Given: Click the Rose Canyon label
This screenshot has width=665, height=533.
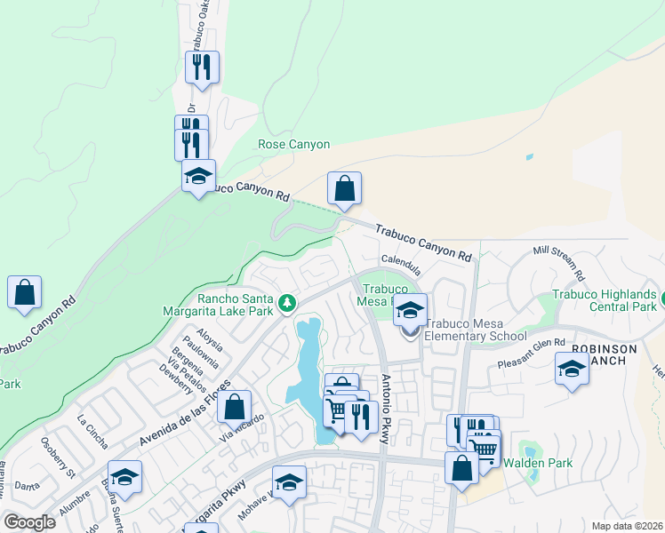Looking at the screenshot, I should [x=293, y=144].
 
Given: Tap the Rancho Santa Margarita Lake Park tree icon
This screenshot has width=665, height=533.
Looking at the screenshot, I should [x=287, y=305].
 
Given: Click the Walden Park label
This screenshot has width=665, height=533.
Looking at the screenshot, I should [x=538, y=463].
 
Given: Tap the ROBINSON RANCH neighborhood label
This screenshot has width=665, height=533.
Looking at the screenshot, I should [x=605, y=355].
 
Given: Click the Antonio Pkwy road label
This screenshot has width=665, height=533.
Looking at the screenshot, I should [x=392, y=409].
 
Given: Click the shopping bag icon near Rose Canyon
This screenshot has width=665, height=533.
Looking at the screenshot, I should [x=344, y=188].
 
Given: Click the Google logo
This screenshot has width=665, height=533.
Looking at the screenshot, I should [x=29, y=522].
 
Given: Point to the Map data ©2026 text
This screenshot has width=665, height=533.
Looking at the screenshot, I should [x=627, y=526].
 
